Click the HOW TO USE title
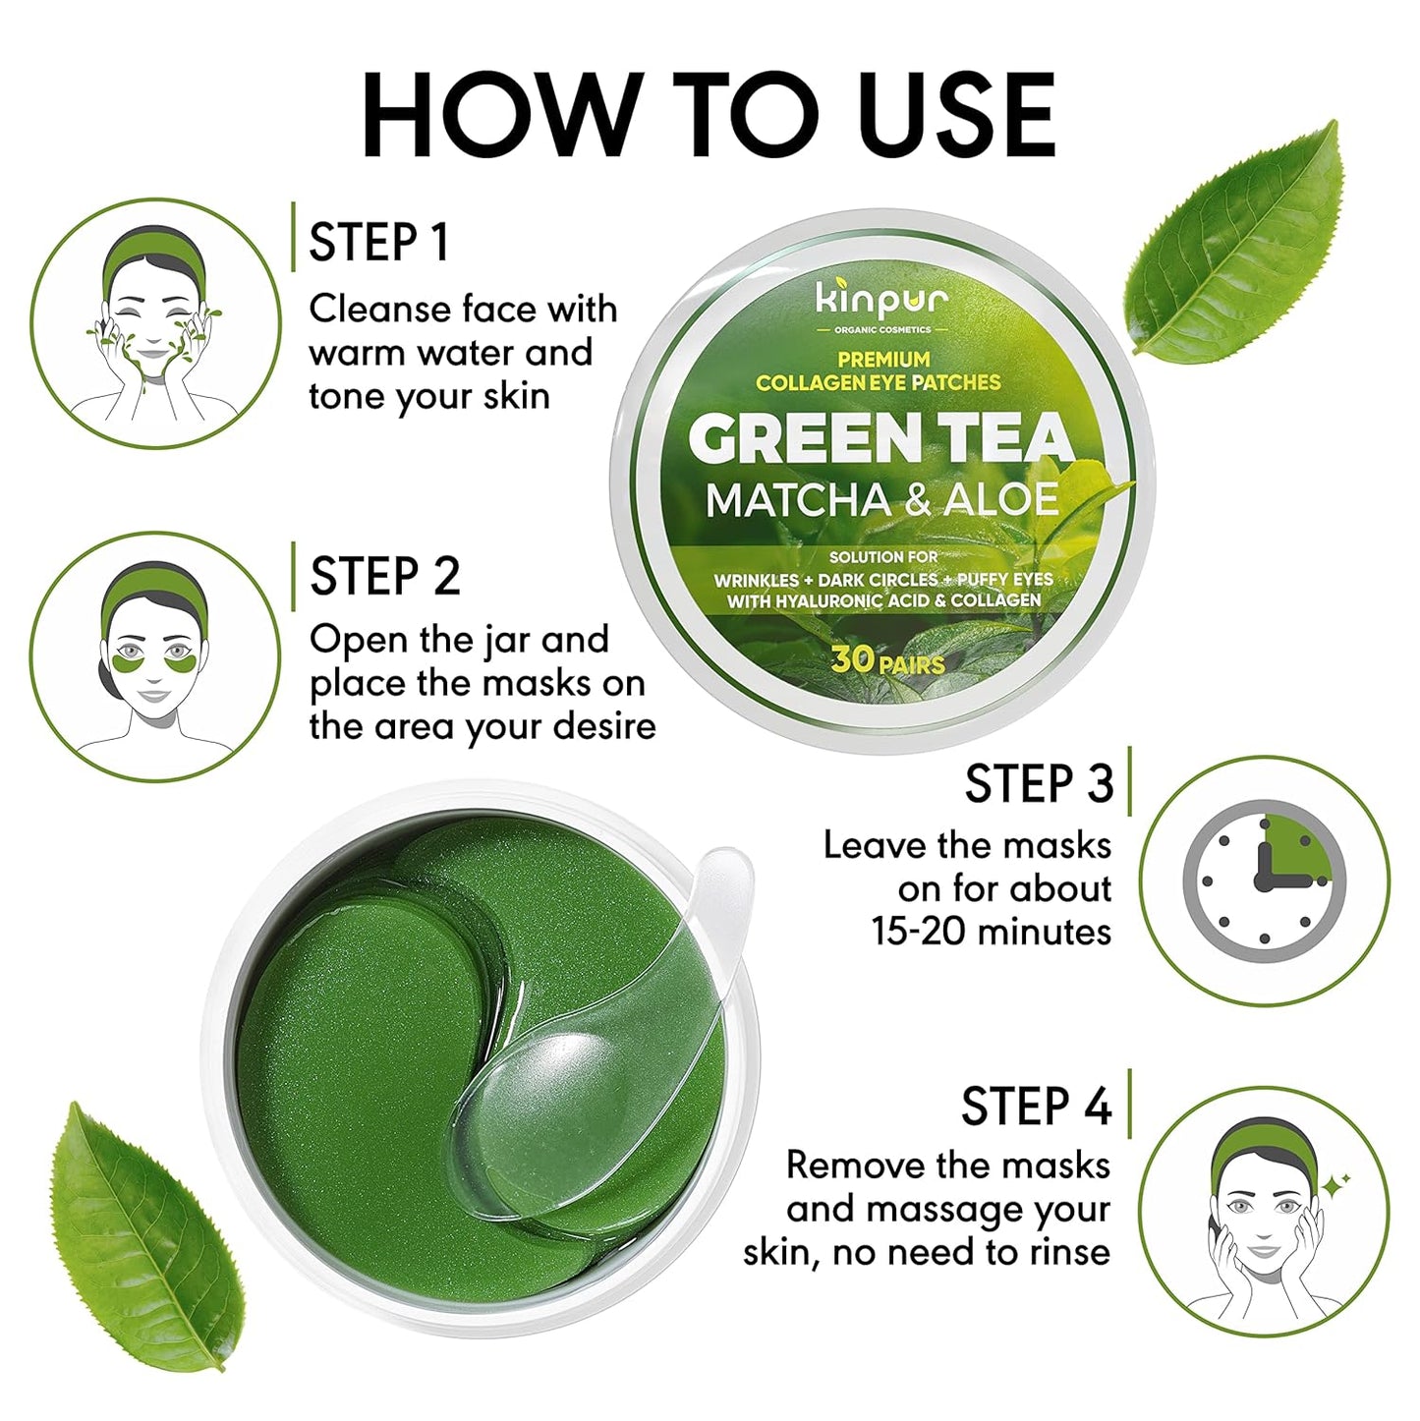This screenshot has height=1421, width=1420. tap(709, 115)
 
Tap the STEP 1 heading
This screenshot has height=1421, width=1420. tap(379, 242)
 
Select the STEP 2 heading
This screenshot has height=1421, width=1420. tap(384, 576)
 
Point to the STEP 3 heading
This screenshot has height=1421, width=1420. tap(1039, 784)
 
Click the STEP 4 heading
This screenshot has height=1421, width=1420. tap(1036, 1107)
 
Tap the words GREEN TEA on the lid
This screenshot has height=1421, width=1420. tap(880, 439)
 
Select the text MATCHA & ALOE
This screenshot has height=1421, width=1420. tap(881, 500)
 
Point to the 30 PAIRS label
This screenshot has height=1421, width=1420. tap(886, 660)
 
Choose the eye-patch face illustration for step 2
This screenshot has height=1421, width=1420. tap(154, 656)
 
